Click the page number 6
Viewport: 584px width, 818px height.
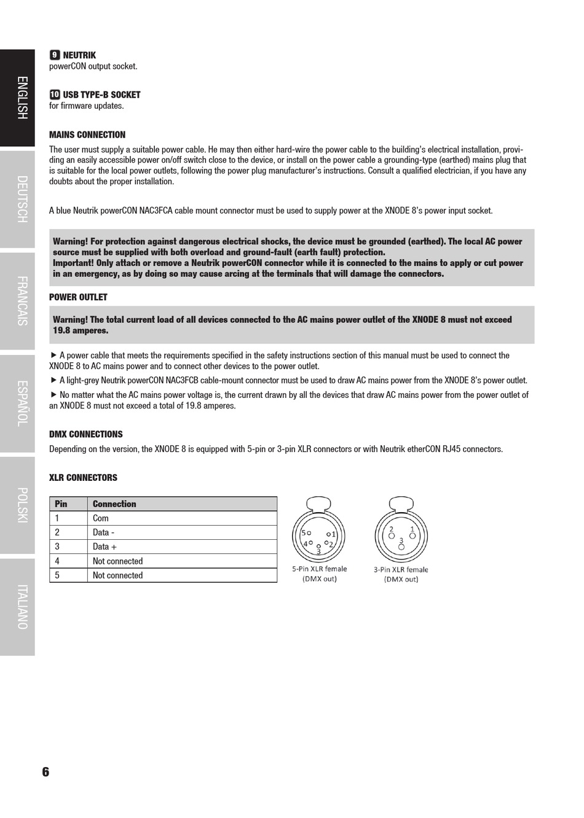point(45,772)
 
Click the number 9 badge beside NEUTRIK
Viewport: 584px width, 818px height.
point(55,55)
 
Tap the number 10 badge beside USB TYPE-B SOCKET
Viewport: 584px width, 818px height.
point(55,95)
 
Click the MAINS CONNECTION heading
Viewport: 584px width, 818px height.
point(87,135)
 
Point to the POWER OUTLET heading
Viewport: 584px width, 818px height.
point(78,297)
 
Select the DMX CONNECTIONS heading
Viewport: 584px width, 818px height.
point(86,434)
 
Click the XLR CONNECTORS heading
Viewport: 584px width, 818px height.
point(83,478)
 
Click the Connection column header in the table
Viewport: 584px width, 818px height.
point(114,504)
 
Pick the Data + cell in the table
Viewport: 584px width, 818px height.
point(105,547)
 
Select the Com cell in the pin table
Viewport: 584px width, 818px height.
point(101,518)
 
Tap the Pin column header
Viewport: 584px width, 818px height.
point(61,504)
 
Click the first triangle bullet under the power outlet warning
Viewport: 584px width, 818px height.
point(53,355)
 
